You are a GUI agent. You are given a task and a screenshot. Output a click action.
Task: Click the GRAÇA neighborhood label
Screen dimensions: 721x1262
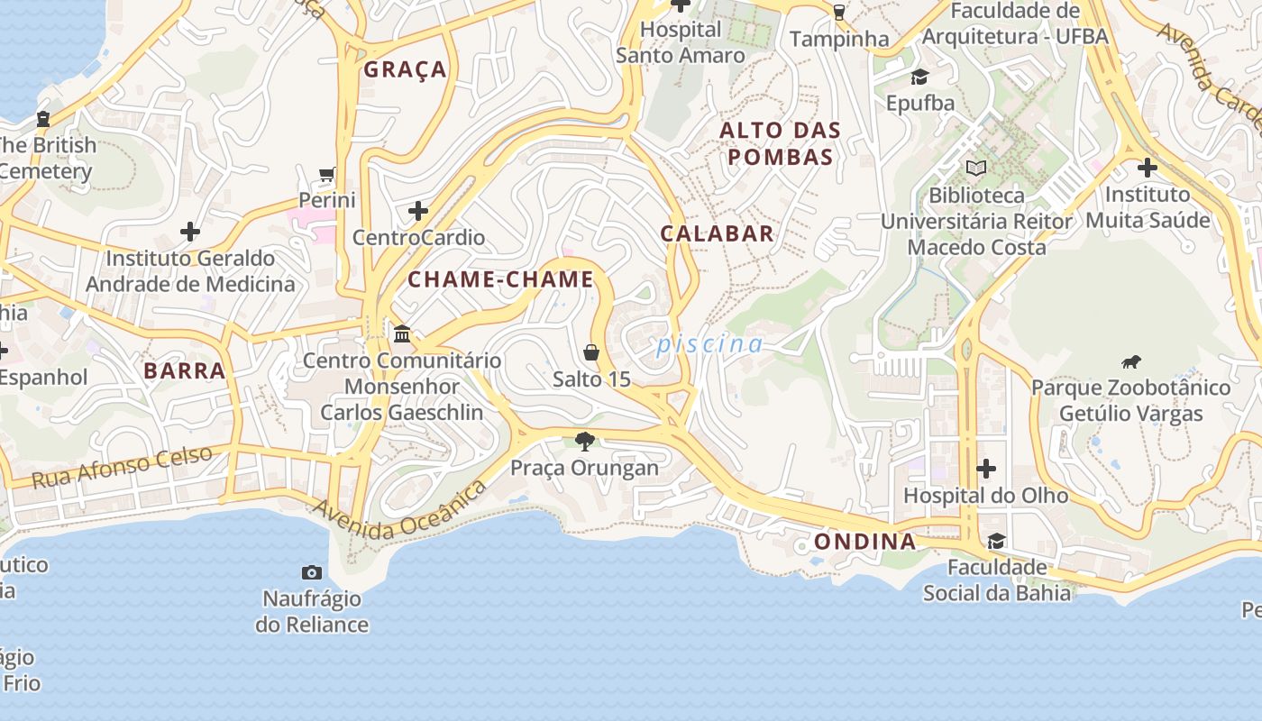pos(405,69)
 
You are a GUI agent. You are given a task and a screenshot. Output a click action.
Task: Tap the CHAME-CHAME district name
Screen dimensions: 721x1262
pos(500,279)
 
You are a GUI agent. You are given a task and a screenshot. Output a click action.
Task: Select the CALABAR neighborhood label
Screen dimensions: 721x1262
pos(717,233)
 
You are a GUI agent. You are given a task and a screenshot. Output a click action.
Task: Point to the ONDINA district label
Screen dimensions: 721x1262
pos(864,542)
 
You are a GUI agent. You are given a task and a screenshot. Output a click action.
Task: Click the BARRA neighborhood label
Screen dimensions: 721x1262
pos(184,370)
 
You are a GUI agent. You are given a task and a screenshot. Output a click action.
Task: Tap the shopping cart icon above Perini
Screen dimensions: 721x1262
pos(327,174)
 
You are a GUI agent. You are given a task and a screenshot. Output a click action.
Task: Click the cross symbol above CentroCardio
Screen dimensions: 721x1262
pos(418,212)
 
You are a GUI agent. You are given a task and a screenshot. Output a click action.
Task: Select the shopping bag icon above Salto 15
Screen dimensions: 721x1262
pos(591,351)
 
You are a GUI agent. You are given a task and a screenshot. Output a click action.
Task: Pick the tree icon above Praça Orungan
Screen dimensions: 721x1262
pos(585,441)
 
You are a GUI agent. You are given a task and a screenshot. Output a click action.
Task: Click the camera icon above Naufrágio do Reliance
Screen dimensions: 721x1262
pos(312,572)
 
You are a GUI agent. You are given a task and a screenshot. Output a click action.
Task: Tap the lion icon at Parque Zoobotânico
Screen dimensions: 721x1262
pos(1130,362)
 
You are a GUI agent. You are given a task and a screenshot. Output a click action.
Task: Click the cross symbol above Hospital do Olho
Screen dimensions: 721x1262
pos(986,469)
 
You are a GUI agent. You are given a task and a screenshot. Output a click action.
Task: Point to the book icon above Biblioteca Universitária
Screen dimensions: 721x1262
pos(976,168)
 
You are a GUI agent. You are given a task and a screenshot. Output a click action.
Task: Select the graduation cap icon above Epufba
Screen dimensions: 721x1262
pos(919,77)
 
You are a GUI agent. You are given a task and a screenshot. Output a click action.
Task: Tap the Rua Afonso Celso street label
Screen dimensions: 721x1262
pos(123,467)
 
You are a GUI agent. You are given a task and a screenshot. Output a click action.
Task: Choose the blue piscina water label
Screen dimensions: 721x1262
pos(709,344)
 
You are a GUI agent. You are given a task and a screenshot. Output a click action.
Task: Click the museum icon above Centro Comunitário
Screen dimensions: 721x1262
pos(402,334)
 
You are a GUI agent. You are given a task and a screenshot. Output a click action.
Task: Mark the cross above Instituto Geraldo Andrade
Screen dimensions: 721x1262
pos(190,232)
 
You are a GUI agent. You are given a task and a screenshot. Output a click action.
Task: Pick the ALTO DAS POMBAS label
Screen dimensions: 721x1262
pos(780,143)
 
